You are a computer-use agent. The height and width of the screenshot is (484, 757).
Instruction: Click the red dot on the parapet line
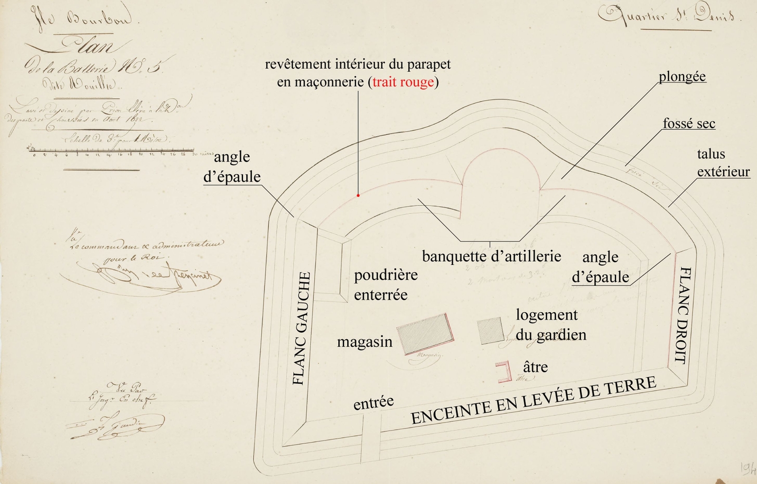click(358, 195)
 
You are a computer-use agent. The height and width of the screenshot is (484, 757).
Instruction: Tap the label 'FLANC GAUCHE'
click(302, 328)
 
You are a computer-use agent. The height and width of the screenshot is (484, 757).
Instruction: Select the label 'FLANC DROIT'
click(683, 316)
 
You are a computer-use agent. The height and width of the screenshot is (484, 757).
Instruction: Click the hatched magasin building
click(425, 333)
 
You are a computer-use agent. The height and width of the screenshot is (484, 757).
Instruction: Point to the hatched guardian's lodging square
click(491, 330)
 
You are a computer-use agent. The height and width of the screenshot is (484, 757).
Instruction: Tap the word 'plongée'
click(682, 77)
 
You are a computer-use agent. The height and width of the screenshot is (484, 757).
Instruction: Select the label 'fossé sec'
click(689, 123)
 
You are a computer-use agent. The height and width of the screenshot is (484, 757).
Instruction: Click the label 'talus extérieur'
click(722, 162)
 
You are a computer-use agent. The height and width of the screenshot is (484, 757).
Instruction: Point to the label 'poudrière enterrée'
click(386, 285)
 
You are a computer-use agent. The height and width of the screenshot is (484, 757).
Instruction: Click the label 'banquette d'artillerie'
click(491, 256)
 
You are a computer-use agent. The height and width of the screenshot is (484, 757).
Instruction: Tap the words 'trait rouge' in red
click(403, 82)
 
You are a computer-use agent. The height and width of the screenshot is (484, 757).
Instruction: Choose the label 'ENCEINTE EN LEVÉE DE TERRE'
click(533, 400)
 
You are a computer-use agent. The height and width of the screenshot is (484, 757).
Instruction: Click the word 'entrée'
click(373, 403)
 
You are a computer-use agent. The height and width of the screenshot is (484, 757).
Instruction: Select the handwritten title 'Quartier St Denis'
click(667, 17)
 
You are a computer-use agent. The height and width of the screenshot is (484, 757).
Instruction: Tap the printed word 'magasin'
click(364, 342)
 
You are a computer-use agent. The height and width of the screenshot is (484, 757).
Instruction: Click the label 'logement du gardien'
click(550, 325)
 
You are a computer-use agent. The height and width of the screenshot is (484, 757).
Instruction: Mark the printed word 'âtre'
click(535, 367)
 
